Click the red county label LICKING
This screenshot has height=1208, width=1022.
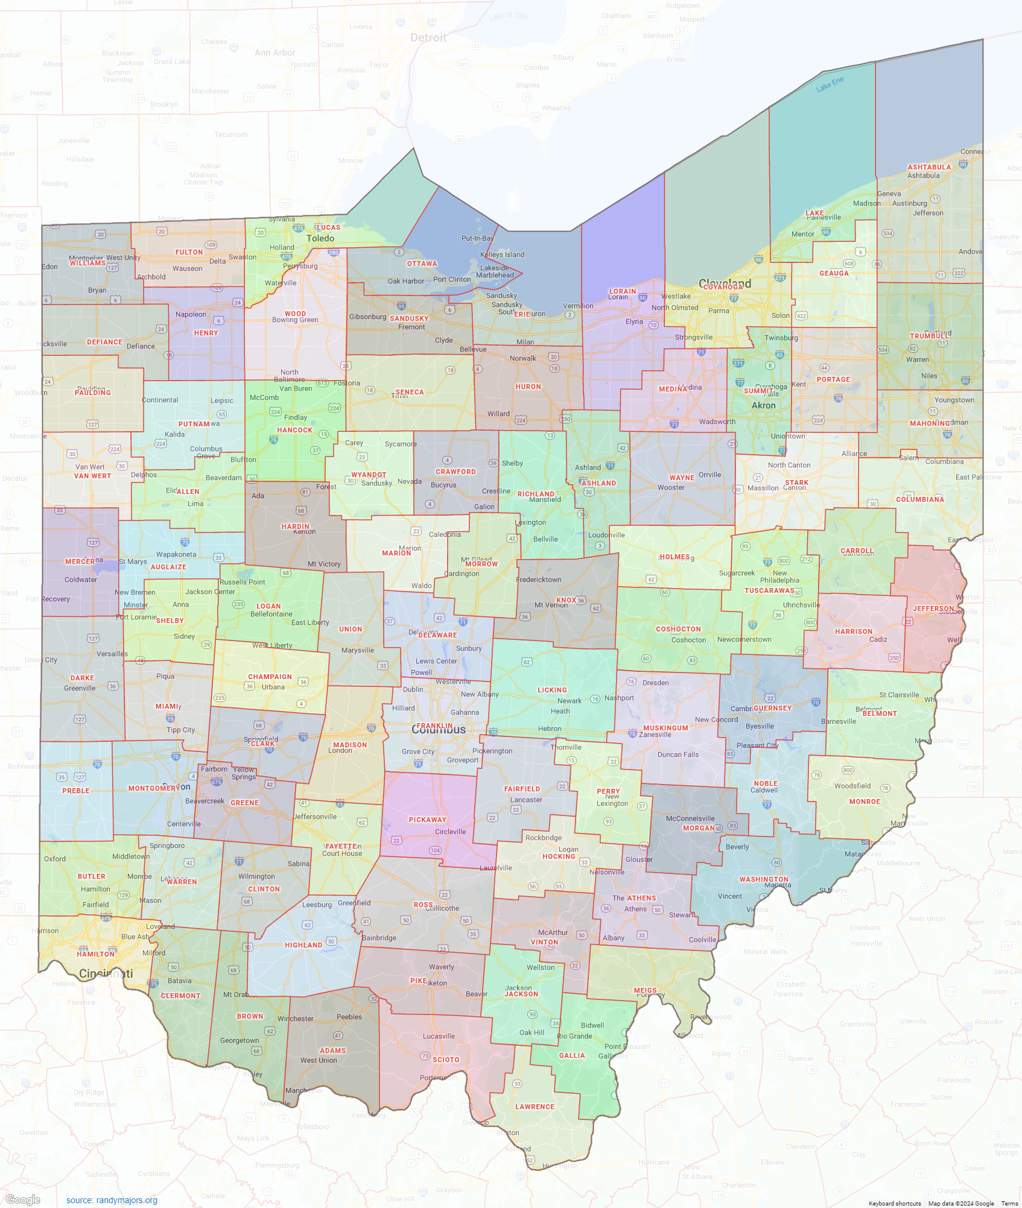point(552,690)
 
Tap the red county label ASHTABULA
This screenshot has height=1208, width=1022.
point(929,167)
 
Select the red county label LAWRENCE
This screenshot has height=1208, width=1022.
point(535,1107)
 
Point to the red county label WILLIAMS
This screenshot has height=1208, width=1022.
point(87,263)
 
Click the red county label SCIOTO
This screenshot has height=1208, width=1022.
point(446,1060)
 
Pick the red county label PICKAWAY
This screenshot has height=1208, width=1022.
point(427,820)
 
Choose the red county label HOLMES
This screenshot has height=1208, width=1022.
point(674,557)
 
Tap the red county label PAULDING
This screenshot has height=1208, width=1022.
point(92,393)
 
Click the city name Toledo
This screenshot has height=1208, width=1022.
point(320,238)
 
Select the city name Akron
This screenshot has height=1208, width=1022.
point(763,405)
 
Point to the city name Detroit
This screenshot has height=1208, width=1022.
point(428,37)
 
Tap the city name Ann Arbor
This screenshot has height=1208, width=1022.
point(275,52)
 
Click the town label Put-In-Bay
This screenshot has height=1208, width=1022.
point(477,238)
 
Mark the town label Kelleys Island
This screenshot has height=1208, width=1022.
point(502,255)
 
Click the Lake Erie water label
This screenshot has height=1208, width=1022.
point(830,84)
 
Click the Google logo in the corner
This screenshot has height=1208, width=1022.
point(23,1200)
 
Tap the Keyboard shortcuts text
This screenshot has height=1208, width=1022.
point(894,1203)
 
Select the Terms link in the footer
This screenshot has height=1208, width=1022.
point(1009,1203)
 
